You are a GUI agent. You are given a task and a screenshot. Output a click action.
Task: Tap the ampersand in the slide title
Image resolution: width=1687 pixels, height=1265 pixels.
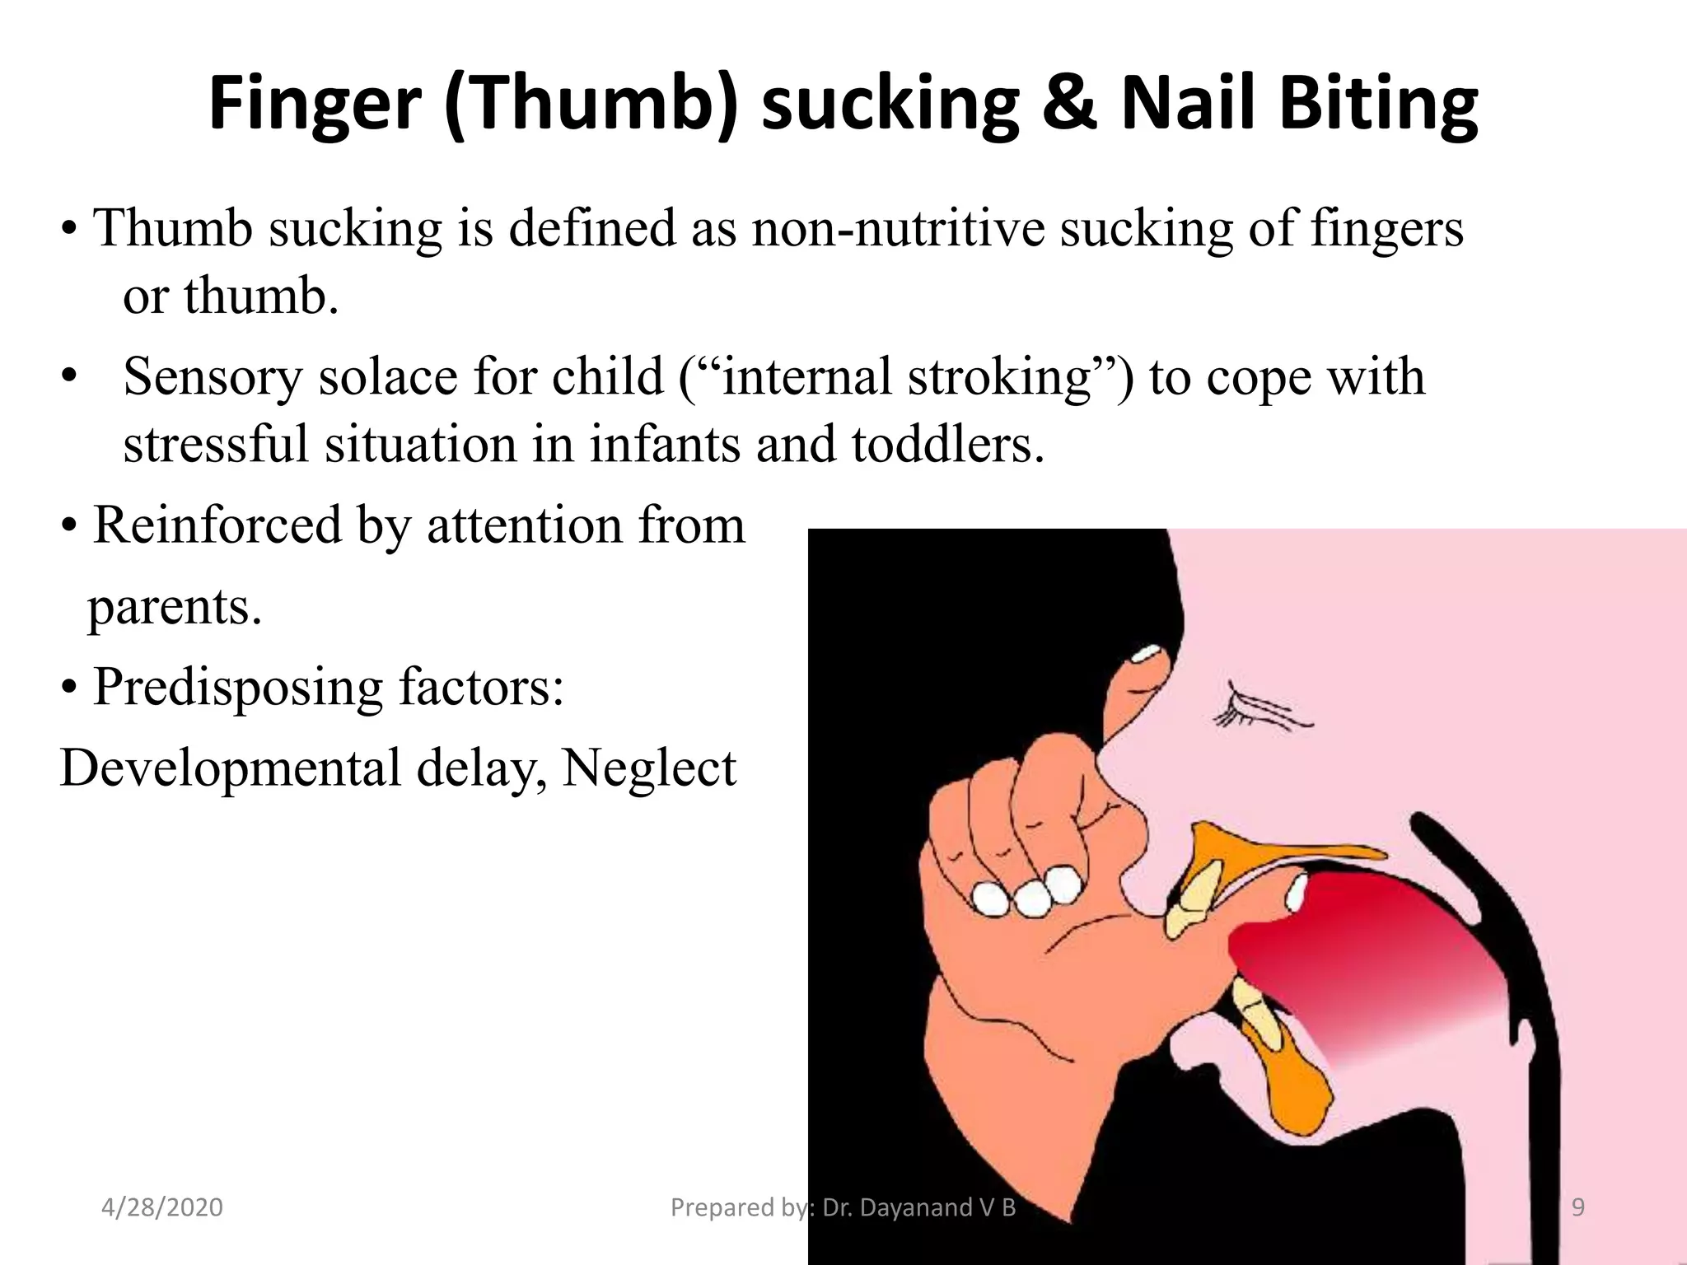tap(1069, 105)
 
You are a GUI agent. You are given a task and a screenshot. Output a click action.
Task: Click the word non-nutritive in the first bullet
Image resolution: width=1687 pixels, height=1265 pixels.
tap(897, 228)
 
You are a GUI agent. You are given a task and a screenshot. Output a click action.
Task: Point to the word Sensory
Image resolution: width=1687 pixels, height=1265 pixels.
tap(213, 377)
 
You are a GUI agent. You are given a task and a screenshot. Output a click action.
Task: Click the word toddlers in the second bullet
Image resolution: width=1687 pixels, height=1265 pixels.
tap(947, 445)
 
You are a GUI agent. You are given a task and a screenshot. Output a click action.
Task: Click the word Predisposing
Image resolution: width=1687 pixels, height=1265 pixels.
tap(238, 687)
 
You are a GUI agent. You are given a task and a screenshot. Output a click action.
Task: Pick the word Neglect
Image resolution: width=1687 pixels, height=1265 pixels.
tap(649, 768)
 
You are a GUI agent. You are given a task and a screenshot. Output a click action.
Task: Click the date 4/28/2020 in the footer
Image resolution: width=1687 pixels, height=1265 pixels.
tap(162, 1207)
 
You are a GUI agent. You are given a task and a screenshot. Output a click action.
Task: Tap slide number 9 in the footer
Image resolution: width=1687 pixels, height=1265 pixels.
tap(1578, 1207)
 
